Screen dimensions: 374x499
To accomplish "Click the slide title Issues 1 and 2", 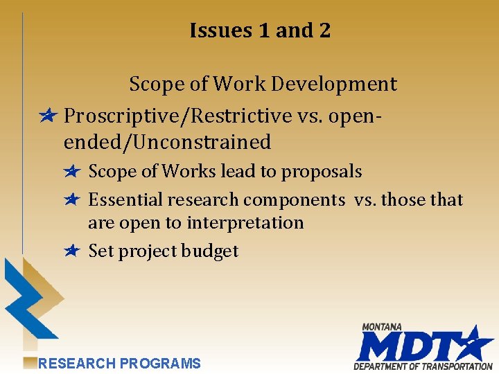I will click(x=260, y=30).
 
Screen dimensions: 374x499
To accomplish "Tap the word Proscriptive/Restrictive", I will click(x=177, y=115).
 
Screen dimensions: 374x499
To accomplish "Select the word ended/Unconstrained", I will click(x=167, y=143).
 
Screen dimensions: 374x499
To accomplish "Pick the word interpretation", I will click(x=246, y=223).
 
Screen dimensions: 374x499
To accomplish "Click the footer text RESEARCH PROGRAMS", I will click(x=119, y=364).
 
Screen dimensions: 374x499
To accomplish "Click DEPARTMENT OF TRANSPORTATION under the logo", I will click(x=423, y=366).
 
